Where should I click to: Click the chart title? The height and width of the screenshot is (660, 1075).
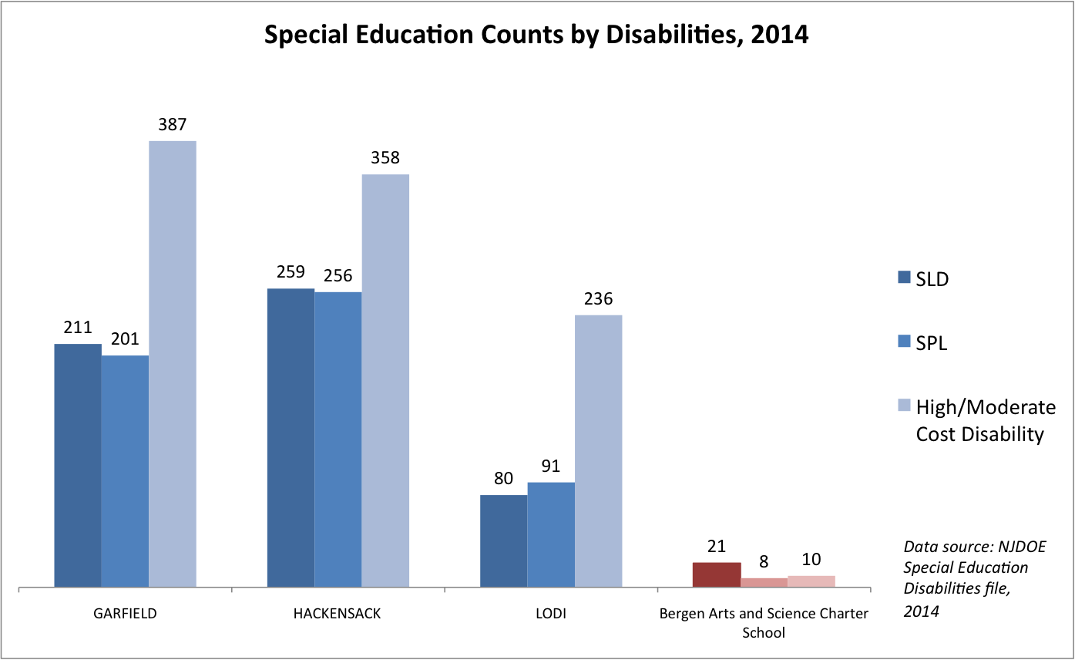click(536, 35)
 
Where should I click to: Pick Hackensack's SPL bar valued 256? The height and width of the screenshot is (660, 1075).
click(338, 439)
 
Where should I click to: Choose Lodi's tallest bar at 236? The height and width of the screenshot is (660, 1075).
click(598, 451)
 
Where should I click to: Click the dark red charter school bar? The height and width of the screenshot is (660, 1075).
click(716, 575)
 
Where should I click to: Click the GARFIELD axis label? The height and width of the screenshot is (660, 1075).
click(124, 615)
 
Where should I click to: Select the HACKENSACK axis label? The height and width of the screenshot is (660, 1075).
click(338, 615)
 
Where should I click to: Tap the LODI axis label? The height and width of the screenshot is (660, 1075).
click(550, 615)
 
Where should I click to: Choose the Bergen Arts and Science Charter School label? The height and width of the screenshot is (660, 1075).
click(764, 623)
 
